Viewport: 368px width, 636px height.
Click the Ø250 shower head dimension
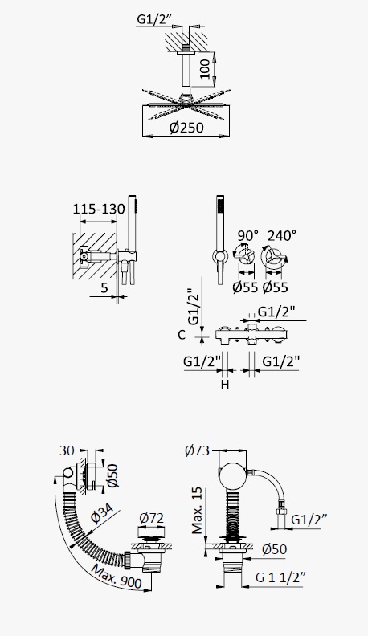click(x=186, y=128)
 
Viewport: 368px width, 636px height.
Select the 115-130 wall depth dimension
click(x=99, y=209)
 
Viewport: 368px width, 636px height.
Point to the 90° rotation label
click(x=247, y=235)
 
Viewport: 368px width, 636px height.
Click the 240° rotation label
click(x=282, y=235)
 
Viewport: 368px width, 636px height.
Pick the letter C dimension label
click(x=182, y=335)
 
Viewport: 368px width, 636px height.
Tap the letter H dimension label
click(x=225, y=384)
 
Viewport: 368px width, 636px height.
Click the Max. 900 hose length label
click(x=117, y=577)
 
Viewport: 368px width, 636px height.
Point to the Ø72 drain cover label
click(x=151, y=518)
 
